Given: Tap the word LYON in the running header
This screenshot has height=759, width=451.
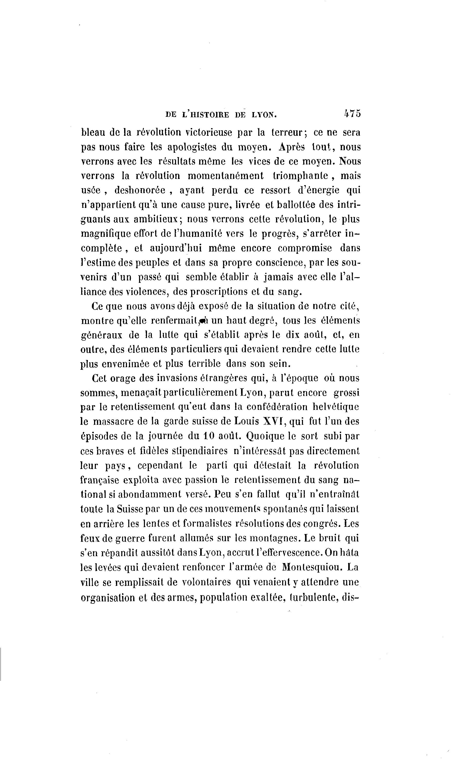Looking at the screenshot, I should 264,115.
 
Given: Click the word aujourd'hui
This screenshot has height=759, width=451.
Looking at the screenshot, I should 176,248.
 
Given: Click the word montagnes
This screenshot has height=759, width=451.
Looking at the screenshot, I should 268,538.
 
